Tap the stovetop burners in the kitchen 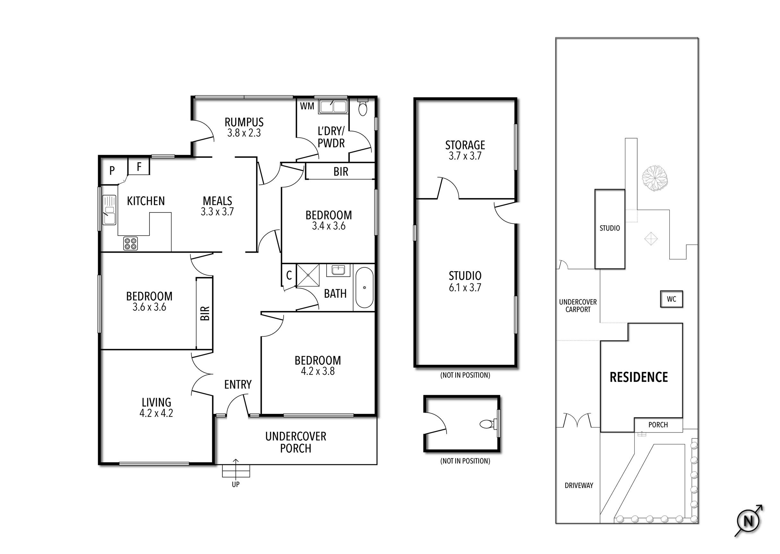130,244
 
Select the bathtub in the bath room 364,288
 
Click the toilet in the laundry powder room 363,108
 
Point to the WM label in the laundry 307,106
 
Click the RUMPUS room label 244,122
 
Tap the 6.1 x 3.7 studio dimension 465,288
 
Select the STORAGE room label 465,145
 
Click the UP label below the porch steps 236,484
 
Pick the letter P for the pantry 112,171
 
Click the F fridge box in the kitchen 139,167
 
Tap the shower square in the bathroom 308,275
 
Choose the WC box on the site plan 671,299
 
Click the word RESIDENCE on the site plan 639,377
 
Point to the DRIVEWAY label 579,485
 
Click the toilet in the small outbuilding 486,424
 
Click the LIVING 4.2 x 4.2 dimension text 156,414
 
